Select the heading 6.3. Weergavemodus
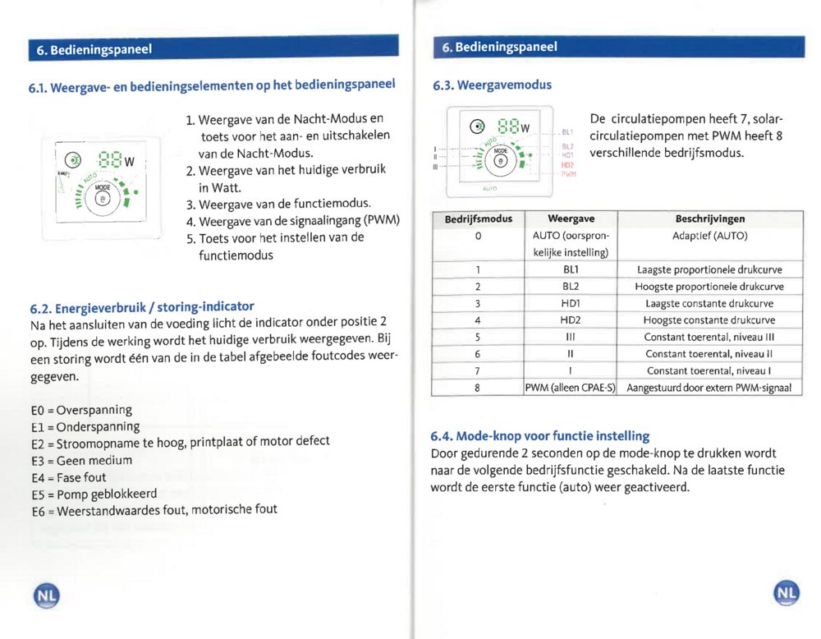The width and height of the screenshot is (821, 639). (x=493, y=85)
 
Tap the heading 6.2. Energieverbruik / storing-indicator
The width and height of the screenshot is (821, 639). (x=141, y=307)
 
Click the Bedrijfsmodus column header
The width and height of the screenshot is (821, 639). (x=478, y=219)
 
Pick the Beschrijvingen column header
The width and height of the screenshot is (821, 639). (x=709, y=219)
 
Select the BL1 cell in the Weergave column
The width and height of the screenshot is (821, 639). (x=570, y=269)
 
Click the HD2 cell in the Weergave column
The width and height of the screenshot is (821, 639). (x=570, y=319)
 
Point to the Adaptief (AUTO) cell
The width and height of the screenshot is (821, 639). (x=709, y=236)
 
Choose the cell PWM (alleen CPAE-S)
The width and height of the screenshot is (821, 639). (x=570, y=388)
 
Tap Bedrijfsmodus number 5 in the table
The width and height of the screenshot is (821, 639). (x=478, y=337)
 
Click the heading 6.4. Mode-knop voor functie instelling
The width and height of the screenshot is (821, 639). (x=540, y=435)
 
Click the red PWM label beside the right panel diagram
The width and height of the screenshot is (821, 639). (x=569, y=174)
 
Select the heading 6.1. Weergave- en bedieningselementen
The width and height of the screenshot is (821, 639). (x=213, y=85)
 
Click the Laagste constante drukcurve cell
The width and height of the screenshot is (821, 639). (x=709, y=303)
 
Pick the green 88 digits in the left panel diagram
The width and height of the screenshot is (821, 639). (x=109, y=159)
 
